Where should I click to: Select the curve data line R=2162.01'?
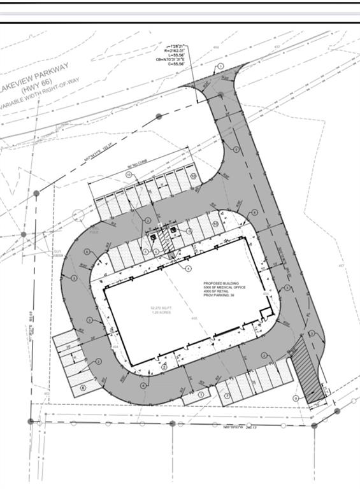(174, 52)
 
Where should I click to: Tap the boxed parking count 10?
(192, 176)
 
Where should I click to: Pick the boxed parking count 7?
(227, 395)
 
